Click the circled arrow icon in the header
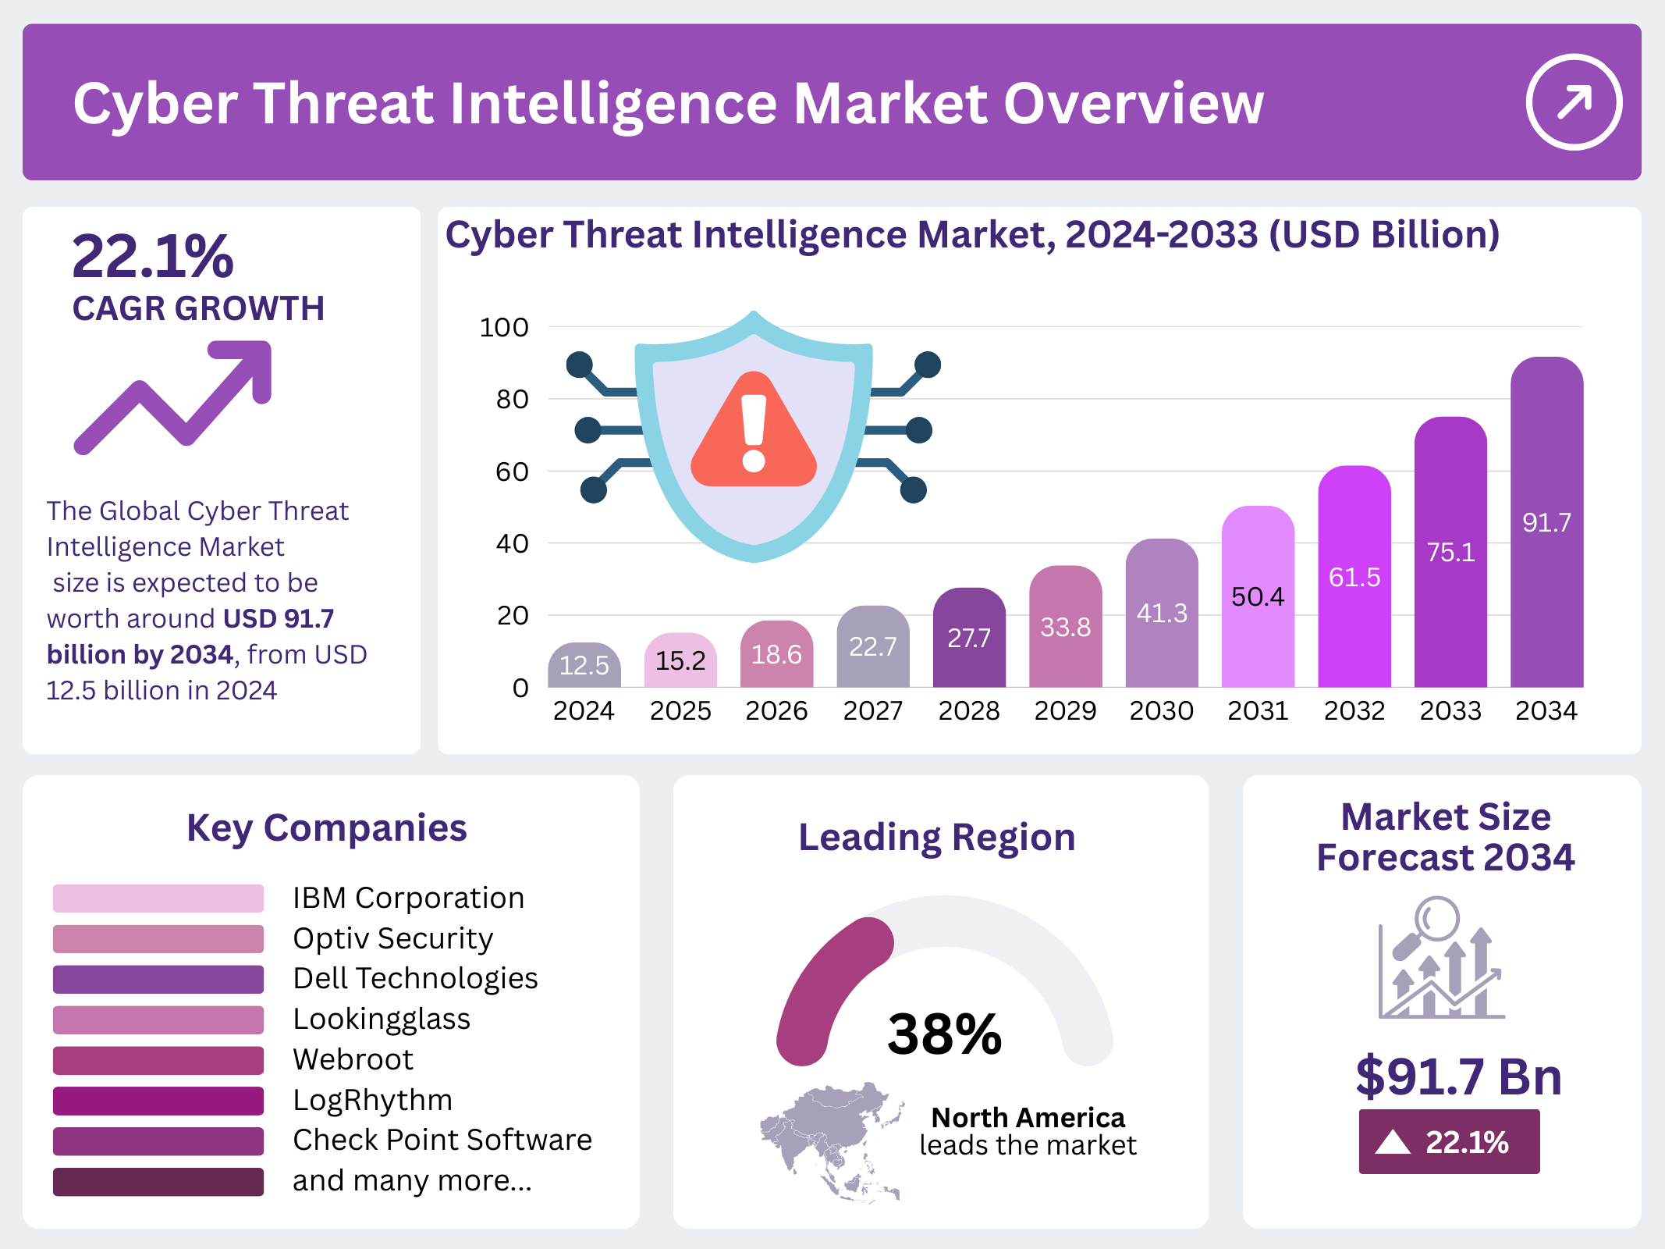[x=1574, y=101]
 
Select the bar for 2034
[x=1546, y=523]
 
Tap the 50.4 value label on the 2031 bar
[x=1258, y=597]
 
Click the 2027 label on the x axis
[x=872, y=711]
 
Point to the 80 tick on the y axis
[x=513, y=400]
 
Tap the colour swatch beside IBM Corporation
[x=158, y=898]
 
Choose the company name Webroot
[x=353, y=1059]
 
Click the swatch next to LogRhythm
[x=158, y=1101]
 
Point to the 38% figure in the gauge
[x=944, y=1034]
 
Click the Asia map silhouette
[x=832, y=1139]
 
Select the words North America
[x=1028, y=1118]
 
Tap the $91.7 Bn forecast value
[x=1458, y=1076]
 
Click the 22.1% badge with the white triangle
[x=1449, y=1142]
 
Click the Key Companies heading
[x=326, y=828]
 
